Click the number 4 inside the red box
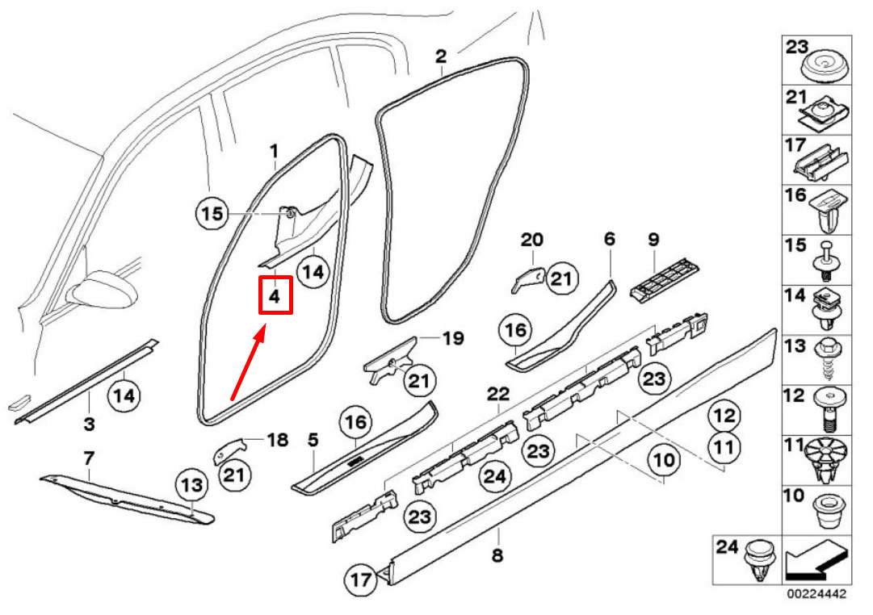tap(275, 297)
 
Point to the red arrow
tap(248, 364)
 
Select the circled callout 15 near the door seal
tap(212, 214)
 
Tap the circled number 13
tap(191, 485)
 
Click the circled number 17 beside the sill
tap(361, 579)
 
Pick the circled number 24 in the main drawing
tap(495, 476)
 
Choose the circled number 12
tap(724, 416)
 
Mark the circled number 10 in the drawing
tap(664, 461)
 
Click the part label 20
tap(531, 240)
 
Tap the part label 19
tap(452, 338)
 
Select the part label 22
tap(498, 395)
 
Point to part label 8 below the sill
tap(497, 555)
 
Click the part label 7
tap(89, 458)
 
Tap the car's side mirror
tap(103, 291)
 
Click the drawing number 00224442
tap(816, 594)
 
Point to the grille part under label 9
tap(665, 282)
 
